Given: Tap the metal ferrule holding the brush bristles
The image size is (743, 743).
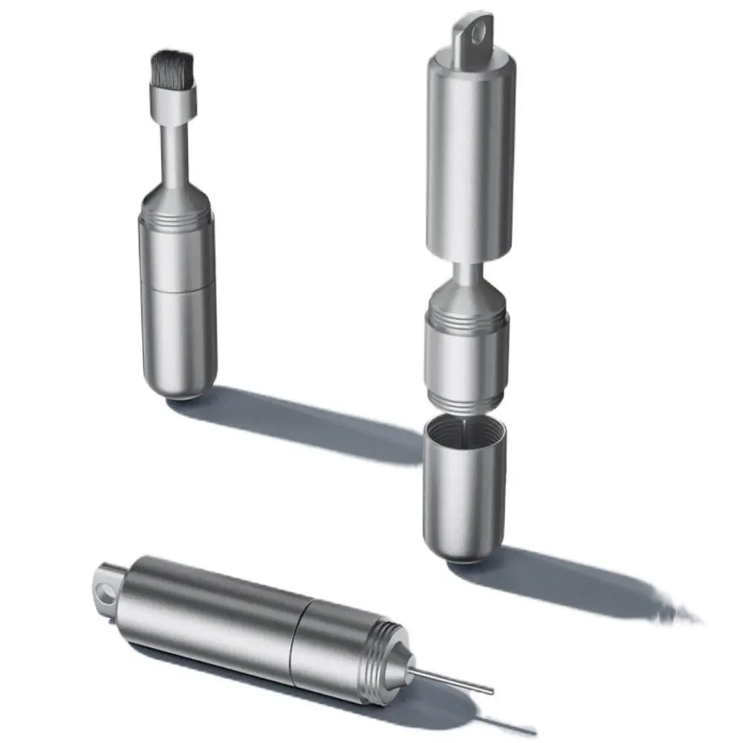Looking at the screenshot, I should pos(174,101).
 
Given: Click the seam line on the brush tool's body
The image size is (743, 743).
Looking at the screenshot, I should pos(178,288).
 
